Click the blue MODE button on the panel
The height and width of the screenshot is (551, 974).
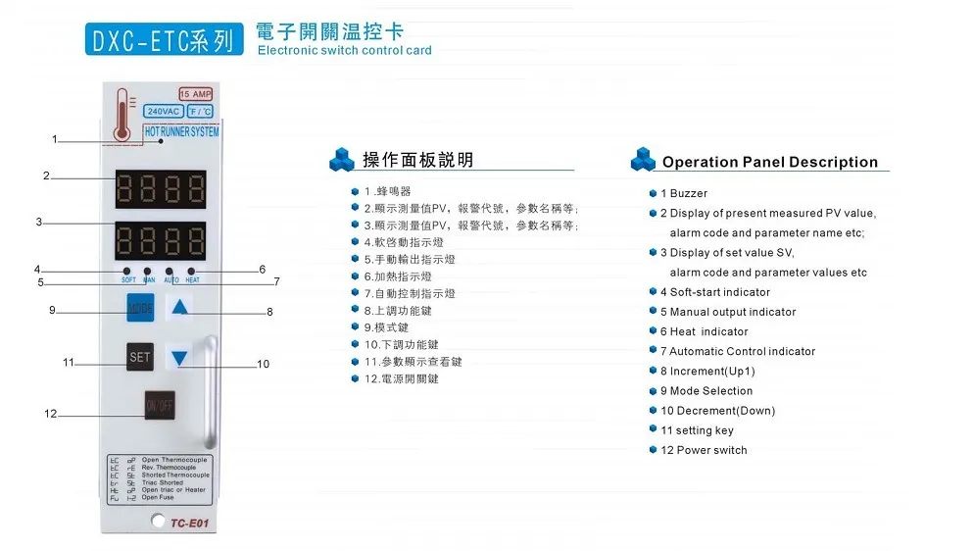[140, 309]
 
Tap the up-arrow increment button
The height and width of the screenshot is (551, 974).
[179, 309]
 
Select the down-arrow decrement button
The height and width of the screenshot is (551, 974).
[179, 358]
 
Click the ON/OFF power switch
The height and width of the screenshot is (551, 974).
[159, 405]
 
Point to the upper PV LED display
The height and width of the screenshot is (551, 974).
[160, 186]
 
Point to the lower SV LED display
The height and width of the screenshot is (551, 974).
[160, 239]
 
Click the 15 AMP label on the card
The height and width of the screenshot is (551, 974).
[195, 94]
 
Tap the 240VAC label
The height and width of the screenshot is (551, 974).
[162, 112]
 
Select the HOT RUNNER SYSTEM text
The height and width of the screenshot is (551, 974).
[181, 131]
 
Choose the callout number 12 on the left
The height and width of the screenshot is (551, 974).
[51, 414]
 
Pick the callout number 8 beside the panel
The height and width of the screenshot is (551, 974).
[269, 312]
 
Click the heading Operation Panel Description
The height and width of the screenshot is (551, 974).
[769, 163]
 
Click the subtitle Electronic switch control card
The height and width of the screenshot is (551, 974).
[344, 51]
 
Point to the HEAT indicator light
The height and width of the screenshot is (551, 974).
[192, 271]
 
